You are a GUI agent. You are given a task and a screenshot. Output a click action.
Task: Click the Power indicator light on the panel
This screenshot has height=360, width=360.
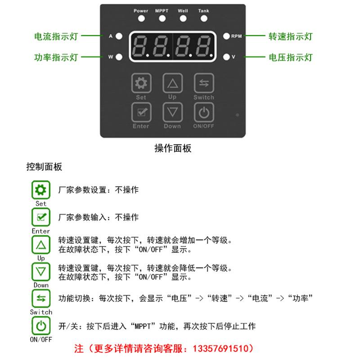141,19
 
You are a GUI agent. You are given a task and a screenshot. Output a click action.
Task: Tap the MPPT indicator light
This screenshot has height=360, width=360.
162,19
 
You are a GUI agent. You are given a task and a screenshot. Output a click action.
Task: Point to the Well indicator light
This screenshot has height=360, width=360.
183,19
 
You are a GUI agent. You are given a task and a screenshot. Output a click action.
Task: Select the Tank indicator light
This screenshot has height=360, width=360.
204,19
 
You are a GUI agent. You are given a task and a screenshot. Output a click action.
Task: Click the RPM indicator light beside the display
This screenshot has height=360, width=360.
226,36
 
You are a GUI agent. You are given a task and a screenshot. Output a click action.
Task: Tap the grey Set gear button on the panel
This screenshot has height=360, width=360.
141,83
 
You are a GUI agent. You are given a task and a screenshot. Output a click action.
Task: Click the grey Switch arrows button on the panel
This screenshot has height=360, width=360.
204,83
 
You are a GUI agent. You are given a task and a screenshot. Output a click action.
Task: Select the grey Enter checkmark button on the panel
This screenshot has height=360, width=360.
141,112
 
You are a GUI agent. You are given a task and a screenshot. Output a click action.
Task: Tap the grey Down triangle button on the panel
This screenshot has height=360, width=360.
172,112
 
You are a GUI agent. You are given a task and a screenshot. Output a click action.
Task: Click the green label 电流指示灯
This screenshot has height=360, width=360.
56,36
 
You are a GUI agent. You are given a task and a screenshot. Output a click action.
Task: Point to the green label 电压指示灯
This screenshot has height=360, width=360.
290,58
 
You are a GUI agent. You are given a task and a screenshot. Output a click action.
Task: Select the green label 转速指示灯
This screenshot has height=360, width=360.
290,36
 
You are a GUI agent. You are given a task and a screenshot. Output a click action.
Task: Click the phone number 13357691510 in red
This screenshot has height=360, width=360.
224,348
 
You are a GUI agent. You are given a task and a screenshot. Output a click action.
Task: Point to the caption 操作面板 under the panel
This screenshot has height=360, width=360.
173,148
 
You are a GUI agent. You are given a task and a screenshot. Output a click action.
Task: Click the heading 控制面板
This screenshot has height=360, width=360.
44,167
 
